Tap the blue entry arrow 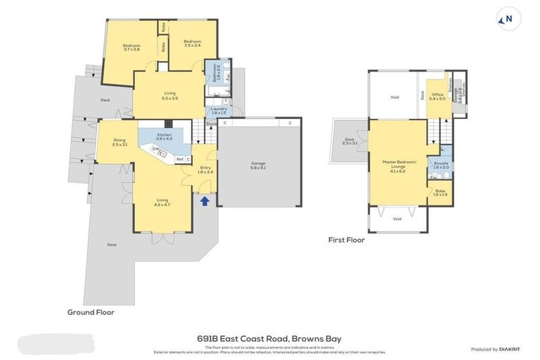click(205, 201)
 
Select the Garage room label click(258, 166)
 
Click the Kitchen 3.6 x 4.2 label click(164, 136)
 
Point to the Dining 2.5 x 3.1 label click(120, 142)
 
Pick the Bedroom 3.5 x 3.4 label click(193, 44)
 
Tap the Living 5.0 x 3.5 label click(166, 96)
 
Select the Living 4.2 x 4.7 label click(162, 202)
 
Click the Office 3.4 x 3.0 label click(437, 96)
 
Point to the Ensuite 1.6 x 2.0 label click(441, 165)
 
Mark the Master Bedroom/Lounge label click(399, 166)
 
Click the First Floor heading click(346, 240)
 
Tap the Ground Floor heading click(91, 311)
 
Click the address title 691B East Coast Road click(270, 338)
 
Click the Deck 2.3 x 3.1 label click(349, 141)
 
